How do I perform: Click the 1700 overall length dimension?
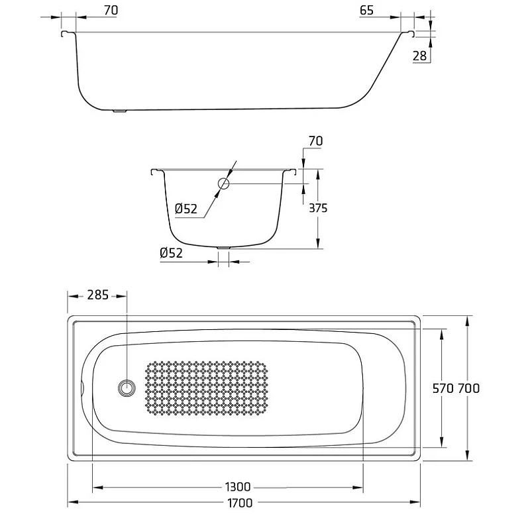point(240,503)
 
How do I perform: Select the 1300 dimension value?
point(238,487)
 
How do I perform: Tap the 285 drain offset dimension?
point(97,295)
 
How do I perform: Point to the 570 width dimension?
point(443,388)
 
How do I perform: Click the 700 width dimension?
point(468,388)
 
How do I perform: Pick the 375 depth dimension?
point(318,208)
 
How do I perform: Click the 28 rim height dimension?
point(419,56)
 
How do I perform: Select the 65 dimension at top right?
point(367,11)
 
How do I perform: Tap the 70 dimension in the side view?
point(111,11)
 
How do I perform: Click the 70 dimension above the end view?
point(316,140)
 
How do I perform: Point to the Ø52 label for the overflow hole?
point(186,209)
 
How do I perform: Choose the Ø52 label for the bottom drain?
point(171,253)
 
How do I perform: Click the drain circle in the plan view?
point(127,388)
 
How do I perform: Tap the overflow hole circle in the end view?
point(223,184)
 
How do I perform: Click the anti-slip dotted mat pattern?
point(206,388)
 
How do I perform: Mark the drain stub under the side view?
point(119,111)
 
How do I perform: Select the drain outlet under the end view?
point(223,248)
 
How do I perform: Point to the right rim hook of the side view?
point(408,33)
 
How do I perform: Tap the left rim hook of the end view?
point(157,172)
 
